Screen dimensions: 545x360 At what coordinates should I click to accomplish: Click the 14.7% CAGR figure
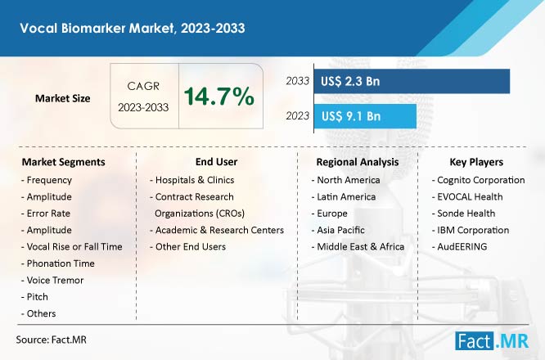pyautogui.click(x=219, y=97)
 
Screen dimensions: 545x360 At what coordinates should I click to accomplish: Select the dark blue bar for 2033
pyautogui.click(x=412, y=81)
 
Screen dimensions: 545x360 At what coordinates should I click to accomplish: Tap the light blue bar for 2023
pyautogui.click(x=365, y=116)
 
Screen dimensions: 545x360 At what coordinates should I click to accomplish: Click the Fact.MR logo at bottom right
pyautogui.click(x=492, y=341)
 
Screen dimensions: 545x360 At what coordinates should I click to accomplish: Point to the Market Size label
pyautogui.click(x=62, y=98)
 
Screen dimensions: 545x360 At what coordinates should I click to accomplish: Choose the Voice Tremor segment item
pyautogui.click(x=52, y=280)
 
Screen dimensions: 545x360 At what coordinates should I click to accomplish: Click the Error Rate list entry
pyautogui.click(x=46, y=214)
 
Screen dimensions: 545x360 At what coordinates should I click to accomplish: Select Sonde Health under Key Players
pyautogui.click(x=464, y=214)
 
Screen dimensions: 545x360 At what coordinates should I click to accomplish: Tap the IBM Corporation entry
pyautogui.click(x=471, y=230)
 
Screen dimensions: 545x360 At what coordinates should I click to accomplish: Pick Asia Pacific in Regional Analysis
pyautogui.click(x=338, y=230)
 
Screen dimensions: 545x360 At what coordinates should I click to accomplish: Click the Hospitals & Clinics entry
pyautogui.click(x=192, y=180)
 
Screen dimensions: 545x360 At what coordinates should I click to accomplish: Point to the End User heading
pyautogui.click(x=216, y=161)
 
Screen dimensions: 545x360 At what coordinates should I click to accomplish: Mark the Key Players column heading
pyautogui.click(x=476, y=162)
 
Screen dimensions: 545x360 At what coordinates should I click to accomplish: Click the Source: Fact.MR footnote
pyautogui.click(x=51, y=340)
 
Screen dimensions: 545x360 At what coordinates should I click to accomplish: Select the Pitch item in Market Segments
pyautogui.click(x=34, y=297)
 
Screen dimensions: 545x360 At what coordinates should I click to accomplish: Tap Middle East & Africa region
pyautogui.click(x=358, y=247)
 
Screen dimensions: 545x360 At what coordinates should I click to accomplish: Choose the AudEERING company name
pyautogui.click(x=460, y=247)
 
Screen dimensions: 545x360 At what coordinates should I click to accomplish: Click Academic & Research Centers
pyautogui.click(x=217, y=230)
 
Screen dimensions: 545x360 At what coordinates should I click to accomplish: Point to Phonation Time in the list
pyautogui.click(x=58, y=263)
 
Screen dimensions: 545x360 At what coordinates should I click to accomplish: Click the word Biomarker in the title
pyautogui.click(x=93, y=28)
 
